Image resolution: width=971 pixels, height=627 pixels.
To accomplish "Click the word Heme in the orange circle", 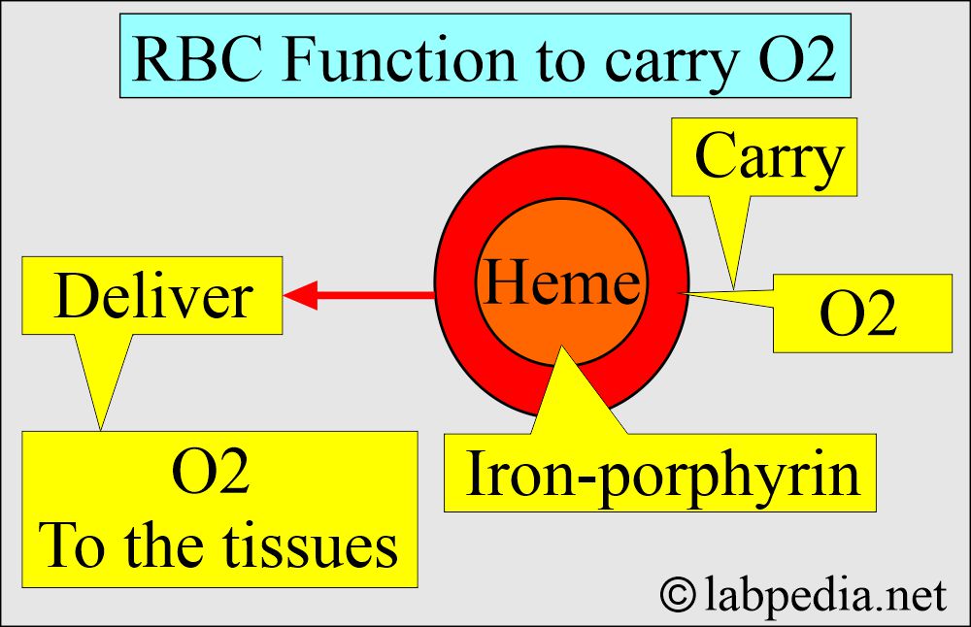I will (x=562, y=284).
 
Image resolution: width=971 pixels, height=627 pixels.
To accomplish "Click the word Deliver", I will (x=153, y=296).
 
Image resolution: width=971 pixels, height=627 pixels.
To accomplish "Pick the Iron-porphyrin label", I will (x=662, y=475).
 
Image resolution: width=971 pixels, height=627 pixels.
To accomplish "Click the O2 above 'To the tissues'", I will (x=212, y=476).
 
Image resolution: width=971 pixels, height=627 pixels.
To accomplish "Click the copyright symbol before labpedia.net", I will (x=682, y=594).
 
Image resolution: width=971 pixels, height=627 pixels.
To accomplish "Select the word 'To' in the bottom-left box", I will (x=72, y=545).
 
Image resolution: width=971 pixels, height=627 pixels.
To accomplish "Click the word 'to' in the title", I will (x=545, y=61).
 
